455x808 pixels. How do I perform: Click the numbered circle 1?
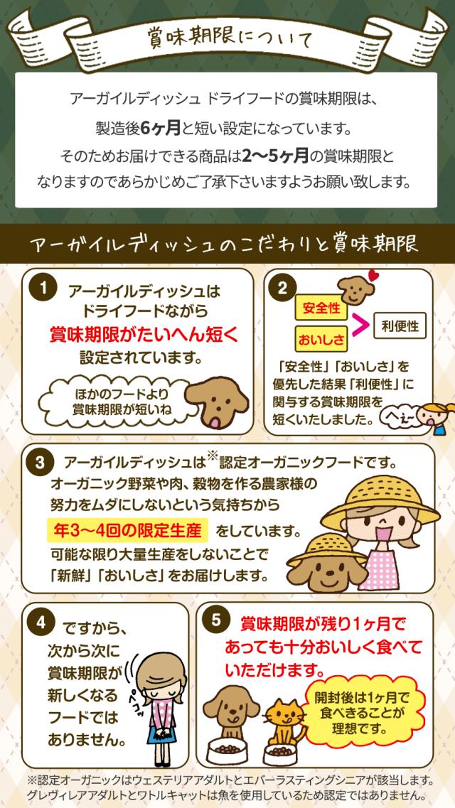(45, 288)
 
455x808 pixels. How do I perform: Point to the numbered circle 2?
(282, 288)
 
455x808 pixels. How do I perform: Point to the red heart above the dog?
(373, 276)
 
